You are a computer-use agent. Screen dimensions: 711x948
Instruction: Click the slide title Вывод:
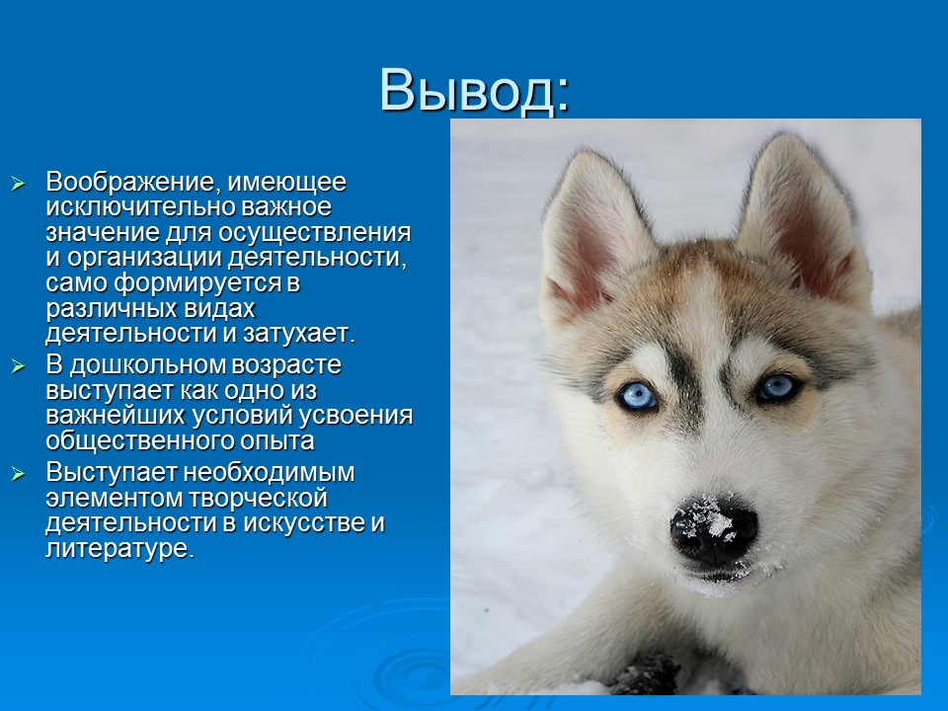(474, 91)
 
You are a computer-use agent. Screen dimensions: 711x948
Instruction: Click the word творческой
(261, 498)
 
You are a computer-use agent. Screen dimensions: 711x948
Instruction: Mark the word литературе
(118, 549)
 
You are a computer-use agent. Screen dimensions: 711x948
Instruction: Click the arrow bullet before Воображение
(17, 184)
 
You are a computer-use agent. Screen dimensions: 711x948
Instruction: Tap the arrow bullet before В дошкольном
(17, 365)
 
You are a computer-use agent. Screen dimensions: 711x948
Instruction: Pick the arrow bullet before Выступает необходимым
(17, 473)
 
